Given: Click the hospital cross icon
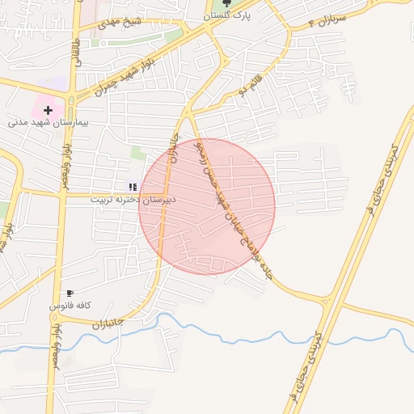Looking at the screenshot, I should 48,109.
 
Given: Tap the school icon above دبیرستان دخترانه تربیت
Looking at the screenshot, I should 133,187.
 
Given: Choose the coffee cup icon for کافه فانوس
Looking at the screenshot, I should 70,294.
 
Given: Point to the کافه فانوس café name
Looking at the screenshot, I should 70,306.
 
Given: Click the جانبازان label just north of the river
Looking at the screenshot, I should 107,322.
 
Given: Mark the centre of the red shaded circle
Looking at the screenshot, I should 207,206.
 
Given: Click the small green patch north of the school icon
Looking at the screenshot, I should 139,153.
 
